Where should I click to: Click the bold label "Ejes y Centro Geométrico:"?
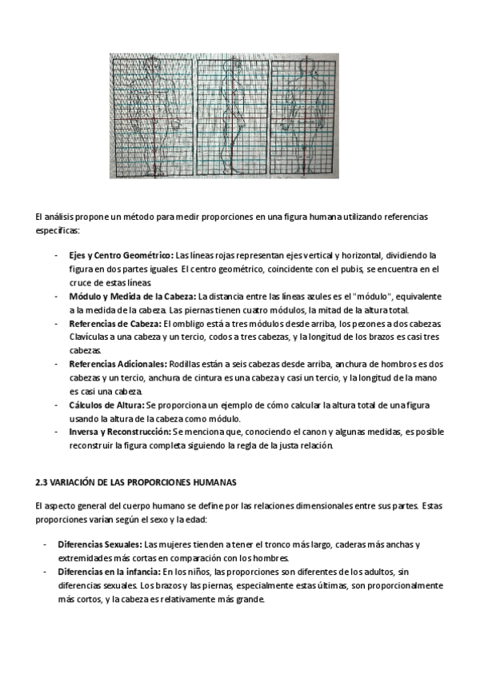point(115,255)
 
